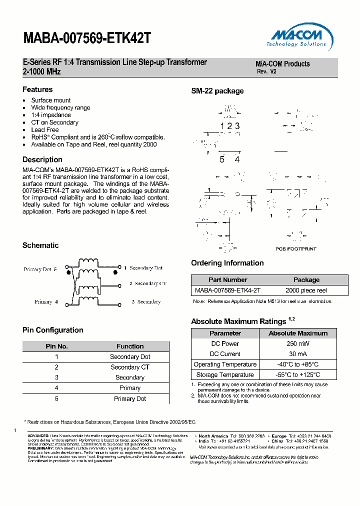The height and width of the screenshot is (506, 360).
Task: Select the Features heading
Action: click(37, 89)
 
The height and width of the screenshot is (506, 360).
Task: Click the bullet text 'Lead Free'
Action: click(45, 129)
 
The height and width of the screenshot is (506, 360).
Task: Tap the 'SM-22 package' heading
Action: click(217, 91)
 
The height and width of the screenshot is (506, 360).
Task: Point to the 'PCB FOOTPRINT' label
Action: click(296, 248)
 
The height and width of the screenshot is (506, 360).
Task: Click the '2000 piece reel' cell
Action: click(306, 290)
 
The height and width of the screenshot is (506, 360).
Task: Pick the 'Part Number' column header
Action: click(227, 280)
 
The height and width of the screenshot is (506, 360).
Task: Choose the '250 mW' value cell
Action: click(298, 343)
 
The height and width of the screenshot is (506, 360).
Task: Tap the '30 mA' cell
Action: click(298, 354)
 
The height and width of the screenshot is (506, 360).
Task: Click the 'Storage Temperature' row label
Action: click(225, 375)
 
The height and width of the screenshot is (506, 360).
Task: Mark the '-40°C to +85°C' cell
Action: click(298, 364)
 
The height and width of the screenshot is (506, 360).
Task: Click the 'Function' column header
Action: click(130, 346)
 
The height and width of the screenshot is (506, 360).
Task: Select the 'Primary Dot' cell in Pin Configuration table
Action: click(130, 398)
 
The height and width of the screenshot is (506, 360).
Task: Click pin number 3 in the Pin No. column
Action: click(56, 377)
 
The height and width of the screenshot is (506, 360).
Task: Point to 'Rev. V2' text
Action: click(266, 71)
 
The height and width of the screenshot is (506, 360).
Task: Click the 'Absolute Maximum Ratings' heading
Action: click(238, 321)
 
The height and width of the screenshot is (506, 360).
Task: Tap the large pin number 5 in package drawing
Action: click(222, 159)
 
